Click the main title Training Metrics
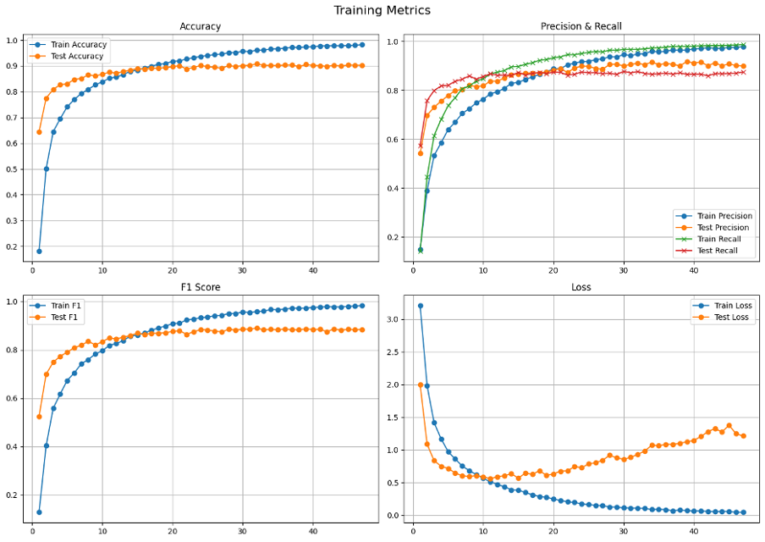tap(382, 10)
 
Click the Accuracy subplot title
tap(200, 26)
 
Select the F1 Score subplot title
tap(200, 287)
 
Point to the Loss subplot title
tap(581, 287)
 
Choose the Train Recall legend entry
tap(718, 239)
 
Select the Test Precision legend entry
tap(721, 228)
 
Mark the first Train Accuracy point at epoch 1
tap(39, 252)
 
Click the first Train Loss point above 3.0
tap(420, 306)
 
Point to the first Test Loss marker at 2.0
tap(420, 384)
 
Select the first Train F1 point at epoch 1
tap(39, 512)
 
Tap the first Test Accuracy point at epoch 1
tap(39, 132)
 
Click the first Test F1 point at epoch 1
tap(39, 417)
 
